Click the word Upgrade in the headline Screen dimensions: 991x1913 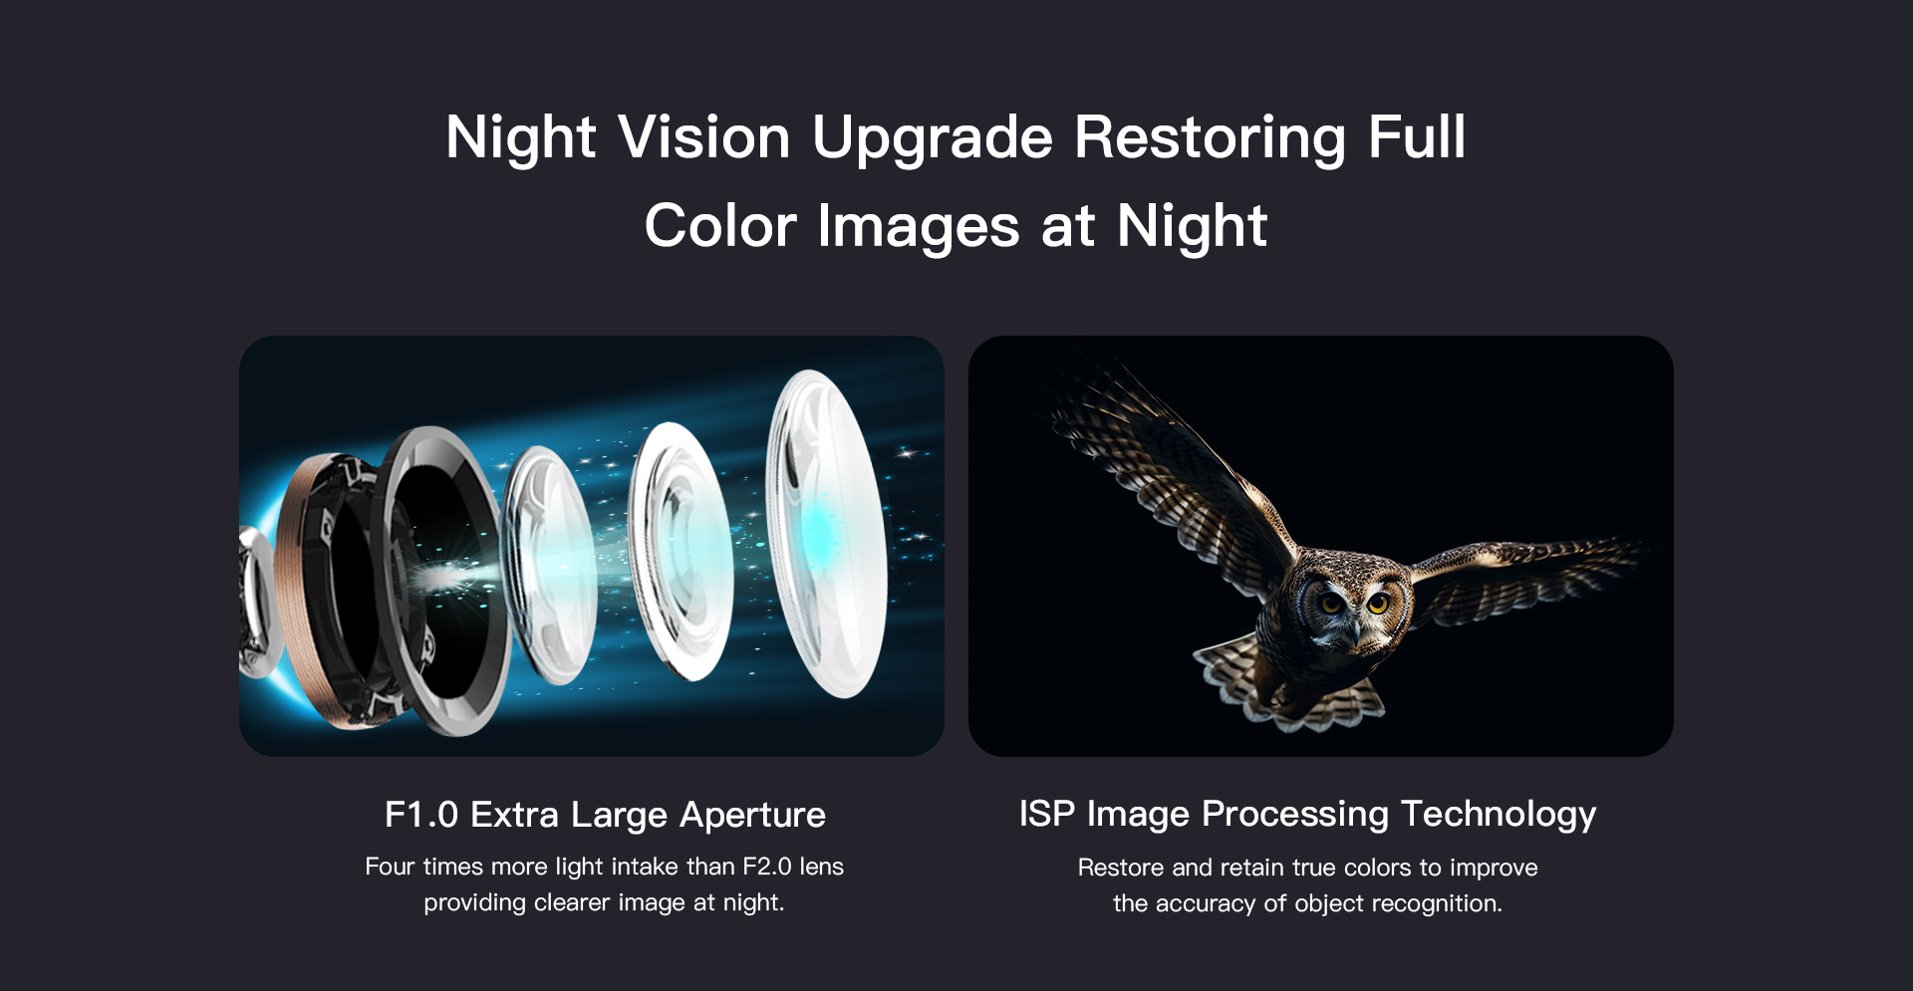932,139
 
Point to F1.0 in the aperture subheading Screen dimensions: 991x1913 420,815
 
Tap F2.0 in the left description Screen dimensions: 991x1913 767,867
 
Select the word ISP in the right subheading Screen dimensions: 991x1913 1046,814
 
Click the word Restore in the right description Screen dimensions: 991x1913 1120,867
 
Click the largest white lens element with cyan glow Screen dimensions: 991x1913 825,533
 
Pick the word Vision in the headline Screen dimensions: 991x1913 703,137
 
